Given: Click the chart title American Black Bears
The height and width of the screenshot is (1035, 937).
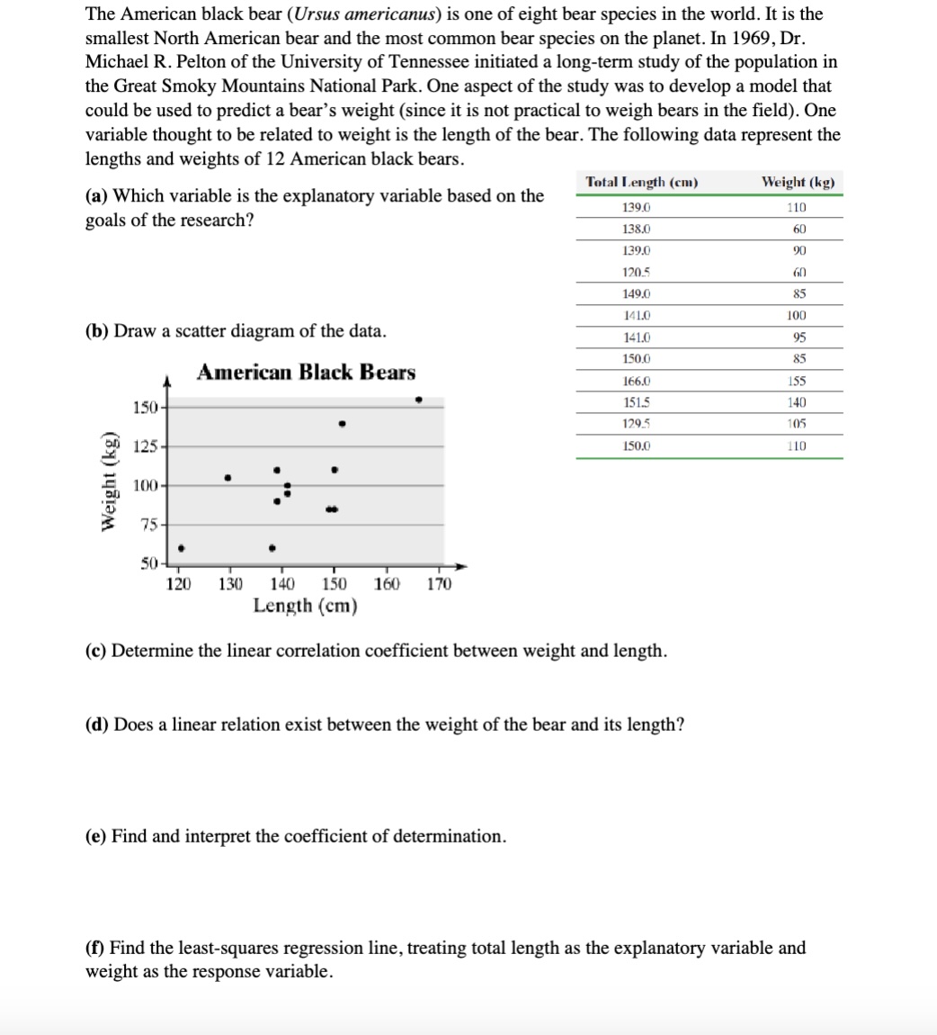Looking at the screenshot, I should tap(306, 372).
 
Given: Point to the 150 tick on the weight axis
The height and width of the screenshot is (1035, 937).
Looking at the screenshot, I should tap(145, 408).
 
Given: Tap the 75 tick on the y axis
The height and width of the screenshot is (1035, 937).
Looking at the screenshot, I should tap(148, 526).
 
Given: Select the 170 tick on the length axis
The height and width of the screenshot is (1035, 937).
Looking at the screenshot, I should tap(439, 584).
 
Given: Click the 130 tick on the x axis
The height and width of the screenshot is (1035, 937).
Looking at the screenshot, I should tap(231, 584).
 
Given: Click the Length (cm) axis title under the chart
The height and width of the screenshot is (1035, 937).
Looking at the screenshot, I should tap(305, 606).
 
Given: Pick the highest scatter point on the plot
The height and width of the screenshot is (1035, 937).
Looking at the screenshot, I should tap(418, 400).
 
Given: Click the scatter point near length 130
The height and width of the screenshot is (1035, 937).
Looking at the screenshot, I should tap(228, 477).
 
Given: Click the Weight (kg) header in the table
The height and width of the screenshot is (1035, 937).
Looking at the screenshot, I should tap(797, 183).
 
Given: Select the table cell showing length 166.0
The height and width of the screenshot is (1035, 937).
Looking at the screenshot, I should tap(637, 381).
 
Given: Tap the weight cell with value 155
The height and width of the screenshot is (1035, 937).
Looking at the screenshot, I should tap(796, 381).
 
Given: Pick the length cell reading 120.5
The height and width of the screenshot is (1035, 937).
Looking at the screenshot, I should tap(637, 272).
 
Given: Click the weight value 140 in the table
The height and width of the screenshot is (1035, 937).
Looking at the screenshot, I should tap(796, 402).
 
